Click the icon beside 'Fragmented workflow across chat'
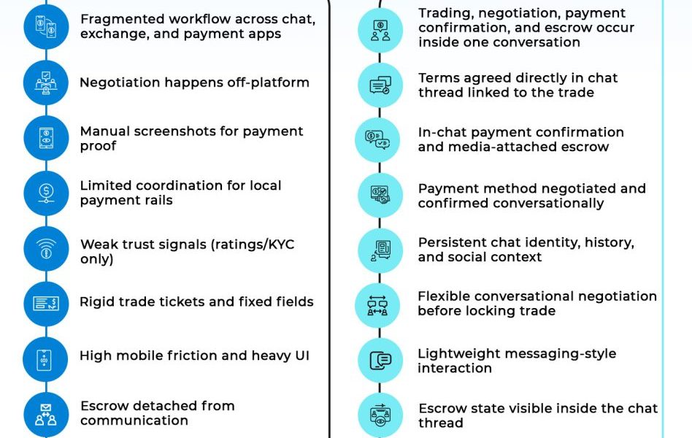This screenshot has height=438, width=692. (x=46, y=27)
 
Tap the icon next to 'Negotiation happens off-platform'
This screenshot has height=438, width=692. (x=46, y=82)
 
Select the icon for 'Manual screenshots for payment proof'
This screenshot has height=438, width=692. (x=46, y=137)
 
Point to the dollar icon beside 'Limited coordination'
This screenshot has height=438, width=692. (x=46, y=193)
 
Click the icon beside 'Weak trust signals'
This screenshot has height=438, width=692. (x=46, y=249)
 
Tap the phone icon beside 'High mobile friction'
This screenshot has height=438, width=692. (x=46, y=358)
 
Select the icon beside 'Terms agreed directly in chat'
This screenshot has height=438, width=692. (x=380, y=85)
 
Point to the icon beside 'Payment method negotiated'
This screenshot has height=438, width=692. (x=380, y=195)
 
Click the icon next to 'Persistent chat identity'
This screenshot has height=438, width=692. (x=380, y=250)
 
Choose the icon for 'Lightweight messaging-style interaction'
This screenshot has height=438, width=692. (x=380, y=361)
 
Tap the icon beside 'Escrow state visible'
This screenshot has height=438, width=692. (x=380, y=415)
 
